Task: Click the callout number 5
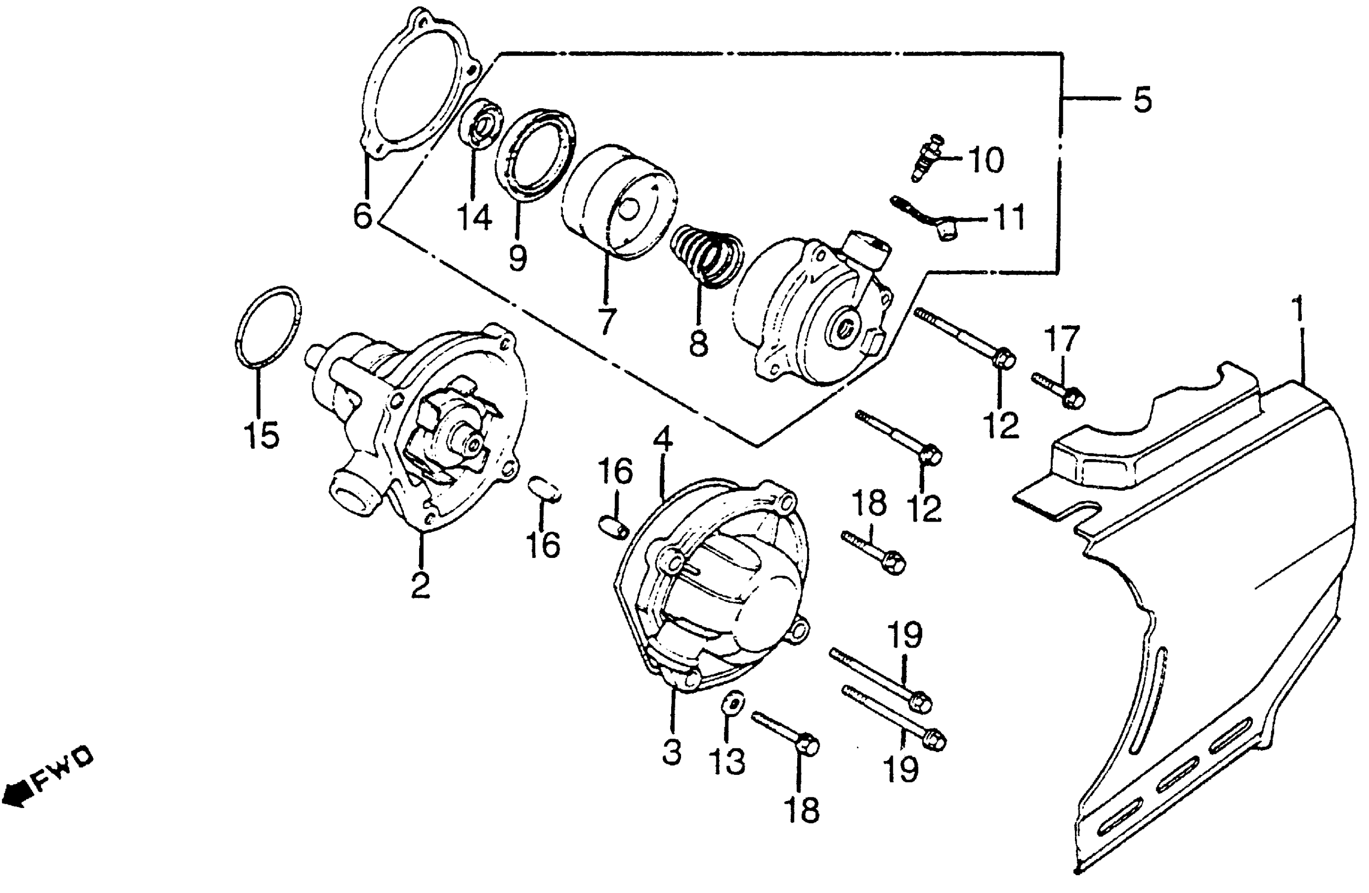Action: tap(1142, 100)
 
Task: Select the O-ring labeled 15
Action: tap(268, 326)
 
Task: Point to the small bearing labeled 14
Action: tap(482, 126)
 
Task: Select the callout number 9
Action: tap(518, 257)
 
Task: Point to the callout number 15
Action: tap(262, 434)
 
